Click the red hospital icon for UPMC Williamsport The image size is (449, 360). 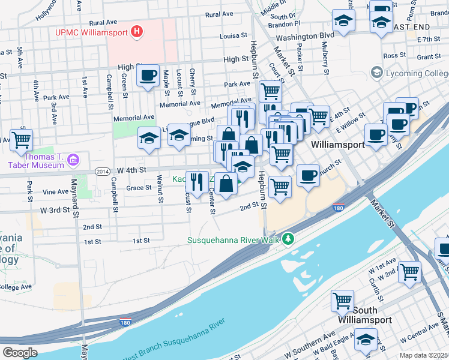pos(137,31)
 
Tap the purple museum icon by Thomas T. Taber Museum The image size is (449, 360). pos(73,160)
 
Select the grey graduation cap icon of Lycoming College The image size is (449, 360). pos(376,73)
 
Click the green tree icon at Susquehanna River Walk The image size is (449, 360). pos(289,239)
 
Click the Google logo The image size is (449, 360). pos(20,353)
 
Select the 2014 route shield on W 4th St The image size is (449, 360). pos(103,172)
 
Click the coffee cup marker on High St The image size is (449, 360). pos(147,76)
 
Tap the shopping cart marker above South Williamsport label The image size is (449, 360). pos(342,301)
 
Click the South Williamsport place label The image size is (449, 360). pos(373,315)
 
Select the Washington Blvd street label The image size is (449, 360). pos(309,37)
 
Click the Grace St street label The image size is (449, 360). pos(139,188)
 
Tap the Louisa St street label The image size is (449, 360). pos(234,36)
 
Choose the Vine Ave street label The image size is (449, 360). pos(55,192)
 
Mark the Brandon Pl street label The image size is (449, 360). pos(284,24)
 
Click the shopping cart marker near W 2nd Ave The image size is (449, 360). pos(409,271)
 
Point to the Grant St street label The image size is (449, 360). pos(429,57)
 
